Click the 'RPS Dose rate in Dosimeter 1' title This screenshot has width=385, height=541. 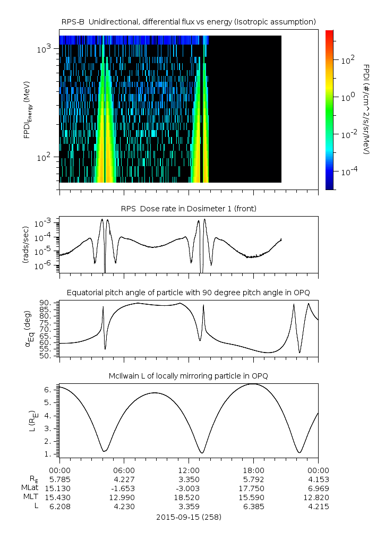click(x=189, y=208)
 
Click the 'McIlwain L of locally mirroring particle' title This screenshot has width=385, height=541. click(x=189, y=376)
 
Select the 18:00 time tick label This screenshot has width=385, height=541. click(x=254, y=470)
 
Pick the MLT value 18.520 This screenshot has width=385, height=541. click(x=189, y=497)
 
